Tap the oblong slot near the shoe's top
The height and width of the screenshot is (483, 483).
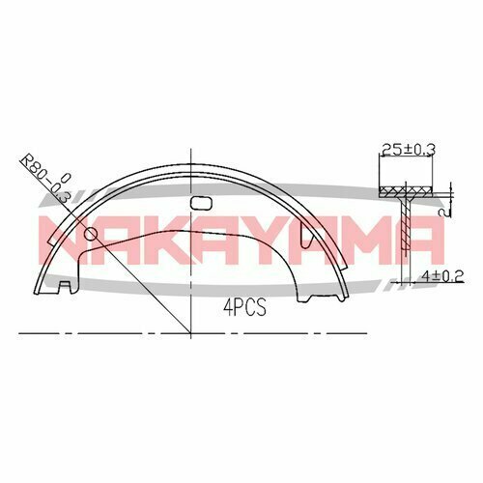tap(202, 204)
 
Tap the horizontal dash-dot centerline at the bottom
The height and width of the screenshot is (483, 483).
tap(290, 332)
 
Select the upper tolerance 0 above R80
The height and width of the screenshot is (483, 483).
tap(65, 176)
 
